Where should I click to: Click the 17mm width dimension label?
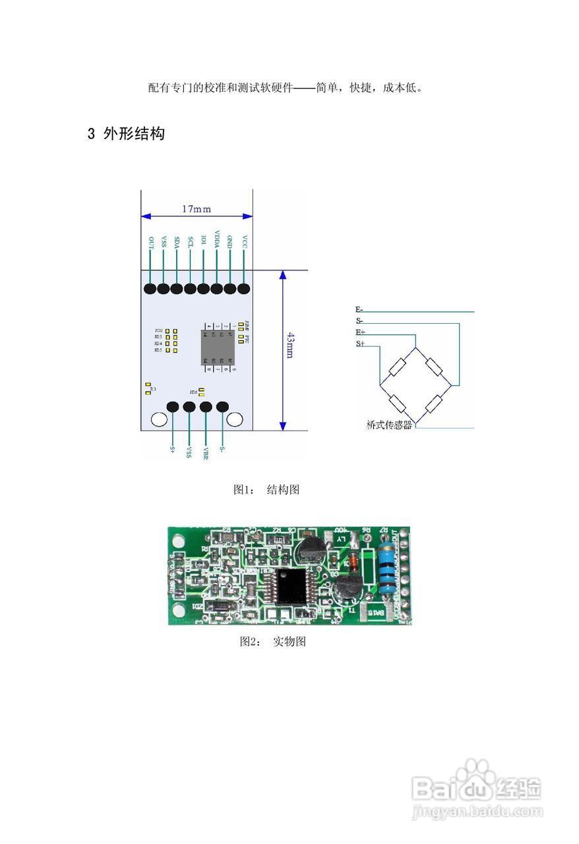coord(197,209)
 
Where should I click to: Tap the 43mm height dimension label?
coord(289,344)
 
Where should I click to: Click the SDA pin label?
coord(177,242)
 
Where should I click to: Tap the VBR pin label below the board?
coord(206,453)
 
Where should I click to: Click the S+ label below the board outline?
coord(172,450)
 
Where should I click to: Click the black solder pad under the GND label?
coord(231,289)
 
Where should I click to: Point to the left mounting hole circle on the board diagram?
coord(159,419)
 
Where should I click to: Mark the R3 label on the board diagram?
coord(153,390)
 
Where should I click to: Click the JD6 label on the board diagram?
coord(193,392)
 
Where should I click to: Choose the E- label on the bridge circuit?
coord(359,309)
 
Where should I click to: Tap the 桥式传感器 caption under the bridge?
coord(389,425)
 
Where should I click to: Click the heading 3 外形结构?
coord(126,134)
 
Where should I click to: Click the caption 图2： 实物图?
coord(272,642)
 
